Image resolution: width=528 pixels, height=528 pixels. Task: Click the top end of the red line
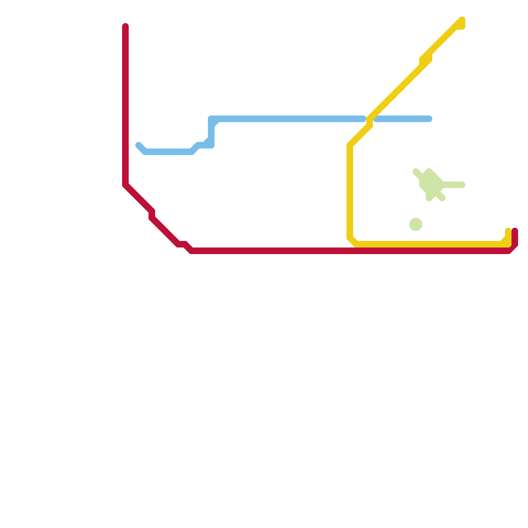click(x=125, y=26)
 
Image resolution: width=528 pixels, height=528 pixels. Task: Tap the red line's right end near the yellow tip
click(x=515, y=231)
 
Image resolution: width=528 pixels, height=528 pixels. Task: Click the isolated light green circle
click(x=416, y=224)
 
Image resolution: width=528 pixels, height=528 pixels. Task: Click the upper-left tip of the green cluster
click(x=415, y=171)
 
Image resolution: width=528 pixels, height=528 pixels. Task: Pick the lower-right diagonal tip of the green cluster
click(x=443, y=198)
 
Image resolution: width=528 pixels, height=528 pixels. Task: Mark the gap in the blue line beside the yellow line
click(x=370, y=119)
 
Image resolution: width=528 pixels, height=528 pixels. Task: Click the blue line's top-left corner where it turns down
click(x=212, y=119)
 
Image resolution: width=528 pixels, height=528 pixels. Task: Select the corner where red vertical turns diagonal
click(x=125, y=185)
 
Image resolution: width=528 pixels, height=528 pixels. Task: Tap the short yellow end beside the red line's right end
click(x=508, y=231)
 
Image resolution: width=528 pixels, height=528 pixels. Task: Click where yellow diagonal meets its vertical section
click(x=350, y=145)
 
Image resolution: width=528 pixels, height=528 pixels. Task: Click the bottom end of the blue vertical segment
click(x=211, y=145)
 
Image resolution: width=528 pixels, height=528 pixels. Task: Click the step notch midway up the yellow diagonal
click(x=426, y=59)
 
